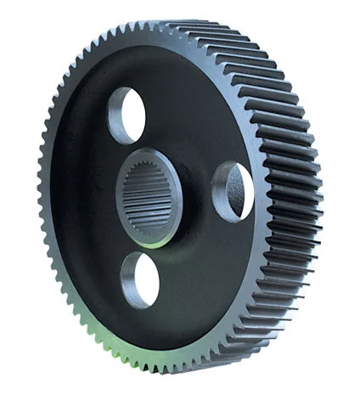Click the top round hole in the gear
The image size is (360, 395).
pyautogui.click(x=127, y=115)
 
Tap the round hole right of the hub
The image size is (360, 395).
pyautogui.click(x=233, y=191)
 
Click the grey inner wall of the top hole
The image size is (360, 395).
pyautogui.click(x=115, y=115)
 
